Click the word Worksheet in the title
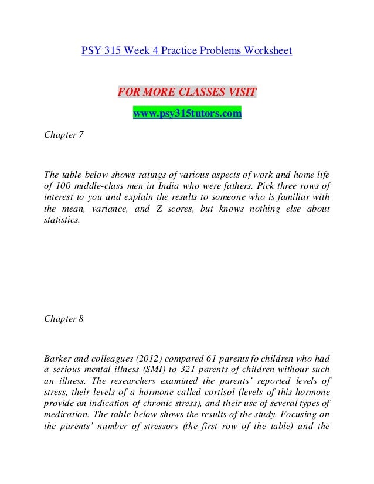click(264, 51)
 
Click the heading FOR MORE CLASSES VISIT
click(187, 93)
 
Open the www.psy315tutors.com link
click(187, 114)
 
